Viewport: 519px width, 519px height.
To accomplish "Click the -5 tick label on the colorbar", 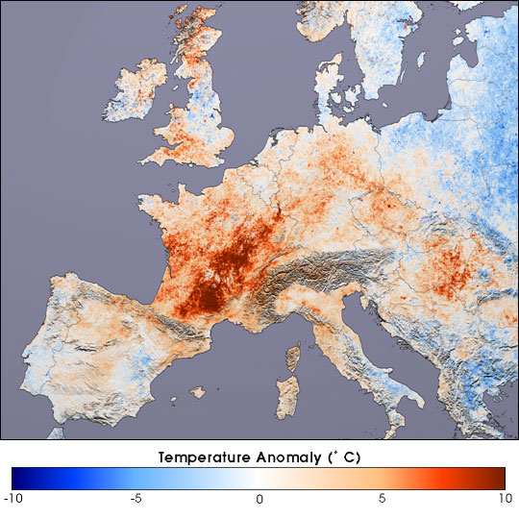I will tap(136, 499).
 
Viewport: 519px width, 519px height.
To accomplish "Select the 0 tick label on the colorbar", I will tap(259, 499).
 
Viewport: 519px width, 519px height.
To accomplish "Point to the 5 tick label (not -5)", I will tap(383, 499).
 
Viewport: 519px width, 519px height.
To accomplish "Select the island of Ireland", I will tap(135, 91).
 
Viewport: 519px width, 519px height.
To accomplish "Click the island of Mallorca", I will tap(198, 393).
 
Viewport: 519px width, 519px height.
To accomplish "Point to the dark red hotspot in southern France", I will tap(205, 288).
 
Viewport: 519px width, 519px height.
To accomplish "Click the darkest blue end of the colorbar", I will tap(16, 477).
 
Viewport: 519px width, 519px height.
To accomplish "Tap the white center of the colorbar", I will tap(259, 477).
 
